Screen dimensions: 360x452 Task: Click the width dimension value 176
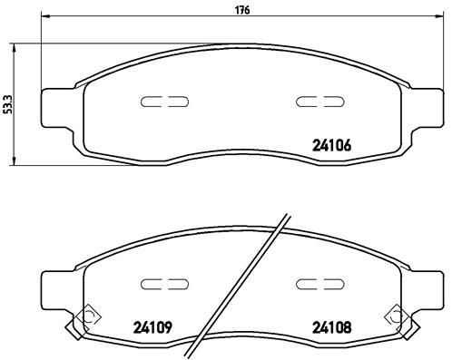click(242, 10)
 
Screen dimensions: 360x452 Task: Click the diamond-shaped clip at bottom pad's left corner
click(87, 316)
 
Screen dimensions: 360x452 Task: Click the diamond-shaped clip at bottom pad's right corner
click(397, 316)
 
